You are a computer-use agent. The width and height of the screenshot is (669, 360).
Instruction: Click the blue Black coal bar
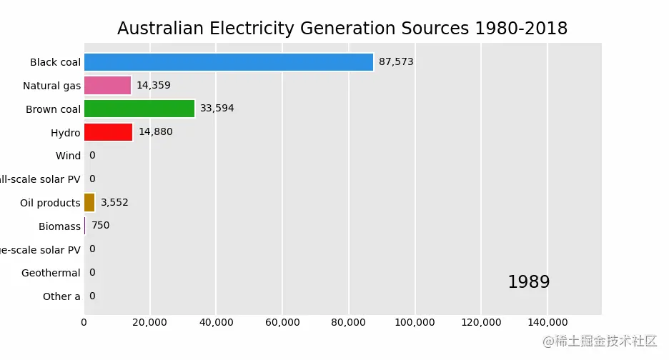(x=229, y=62)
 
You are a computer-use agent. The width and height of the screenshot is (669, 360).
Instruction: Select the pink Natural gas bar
(x=107, y=86)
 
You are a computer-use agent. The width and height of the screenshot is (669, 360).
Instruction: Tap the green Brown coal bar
(x=139, y=109)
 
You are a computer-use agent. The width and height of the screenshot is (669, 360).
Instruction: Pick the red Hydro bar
(x=108, y=132)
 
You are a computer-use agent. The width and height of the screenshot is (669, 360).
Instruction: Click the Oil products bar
(x=89, y=203)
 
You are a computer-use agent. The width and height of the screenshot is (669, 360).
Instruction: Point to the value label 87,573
(x=396, y=62)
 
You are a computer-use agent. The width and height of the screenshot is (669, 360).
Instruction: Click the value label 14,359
(x=154, y=86)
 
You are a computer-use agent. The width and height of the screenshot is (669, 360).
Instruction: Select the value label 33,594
(x=217, y=109)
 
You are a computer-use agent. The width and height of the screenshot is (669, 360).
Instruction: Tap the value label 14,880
(x=156, y=132)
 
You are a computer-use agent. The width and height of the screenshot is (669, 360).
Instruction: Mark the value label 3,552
(x=114, y=203)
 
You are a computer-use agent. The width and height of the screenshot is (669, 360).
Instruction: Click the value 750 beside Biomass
(x=101, y=226)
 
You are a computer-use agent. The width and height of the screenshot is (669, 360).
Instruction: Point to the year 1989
(x=529, y=282)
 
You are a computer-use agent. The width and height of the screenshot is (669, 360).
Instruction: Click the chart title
(x=342, y=29)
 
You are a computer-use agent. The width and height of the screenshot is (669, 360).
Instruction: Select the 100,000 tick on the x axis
(x=415, y=323)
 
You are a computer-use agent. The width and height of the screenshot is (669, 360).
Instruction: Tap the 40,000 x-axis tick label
(x=216, y=323)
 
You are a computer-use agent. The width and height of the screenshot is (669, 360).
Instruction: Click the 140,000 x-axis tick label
(x=547, y=323)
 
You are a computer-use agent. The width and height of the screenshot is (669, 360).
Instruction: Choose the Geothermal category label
(x=51, y=273)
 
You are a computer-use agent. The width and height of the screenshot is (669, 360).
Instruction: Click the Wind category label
(x=68, y=156)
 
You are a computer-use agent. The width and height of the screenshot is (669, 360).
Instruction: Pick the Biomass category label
(x=59, y=226)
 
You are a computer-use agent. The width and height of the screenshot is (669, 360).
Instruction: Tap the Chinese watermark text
(x=600, y=341)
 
